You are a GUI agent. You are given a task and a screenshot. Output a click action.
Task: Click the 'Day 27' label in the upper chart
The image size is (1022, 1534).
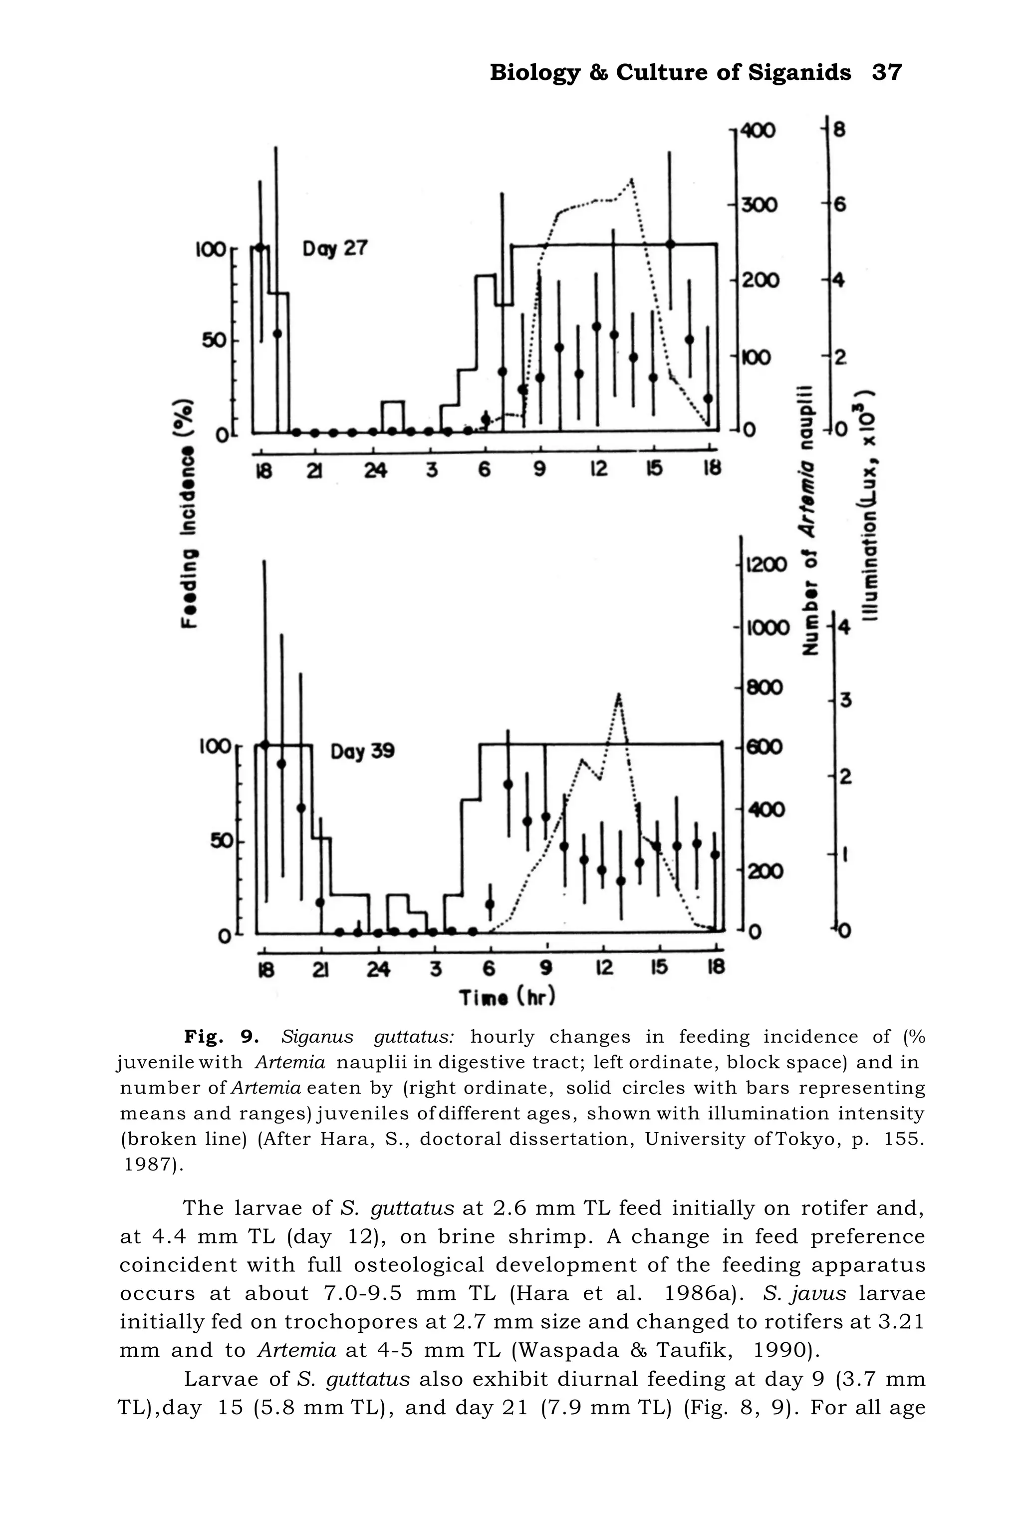click(x=335, y=249)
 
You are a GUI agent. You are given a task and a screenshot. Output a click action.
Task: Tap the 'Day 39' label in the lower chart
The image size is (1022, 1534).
click(x=362, y=752)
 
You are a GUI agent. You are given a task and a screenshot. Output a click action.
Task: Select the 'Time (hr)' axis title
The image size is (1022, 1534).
click(x=507, y=998)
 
